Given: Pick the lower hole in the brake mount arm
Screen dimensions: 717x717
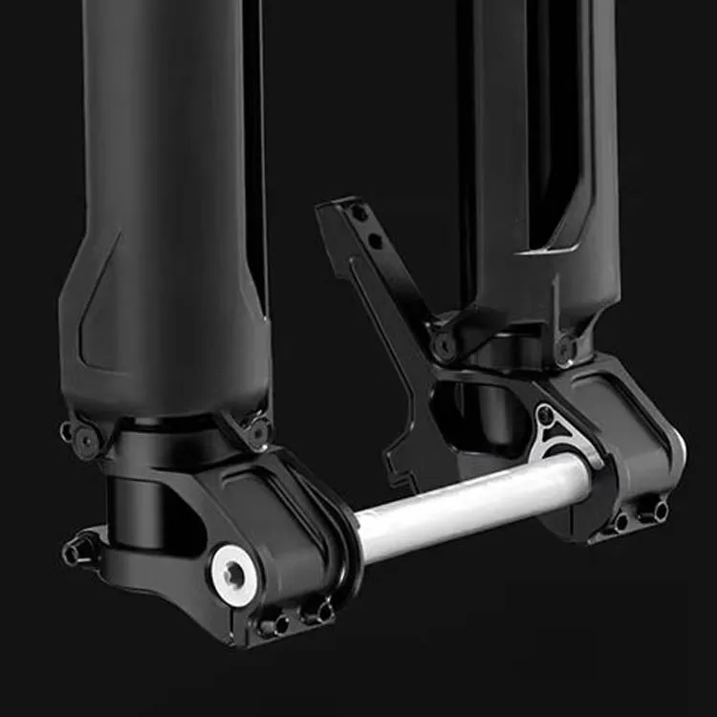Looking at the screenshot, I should coord(376,241).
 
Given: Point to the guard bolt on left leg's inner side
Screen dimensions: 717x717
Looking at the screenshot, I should coord(257,431).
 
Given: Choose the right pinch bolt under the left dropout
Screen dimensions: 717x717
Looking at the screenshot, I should coord(315,612).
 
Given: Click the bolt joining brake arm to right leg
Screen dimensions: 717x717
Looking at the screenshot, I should coord(443,345).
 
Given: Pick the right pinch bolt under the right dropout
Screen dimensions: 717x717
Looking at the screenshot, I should coord(658,511).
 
